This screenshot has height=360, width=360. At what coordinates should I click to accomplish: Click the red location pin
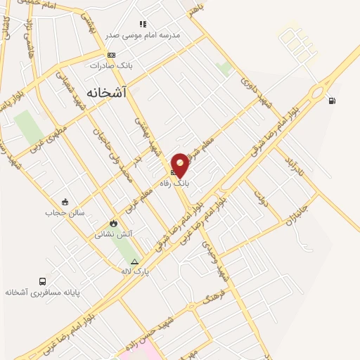[x=180, y=165]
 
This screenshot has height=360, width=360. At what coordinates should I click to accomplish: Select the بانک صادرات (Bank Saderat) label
[x=111, y=65]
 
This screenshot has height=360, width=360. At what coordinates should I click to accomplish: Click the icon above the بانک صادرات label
[x=111, y=55]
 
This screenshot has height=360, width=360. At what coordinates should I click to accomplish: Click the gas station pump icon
[x=332, y=101]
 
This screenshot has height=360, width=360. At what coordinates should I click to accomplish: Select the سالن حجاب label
[x=65, y=212]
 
